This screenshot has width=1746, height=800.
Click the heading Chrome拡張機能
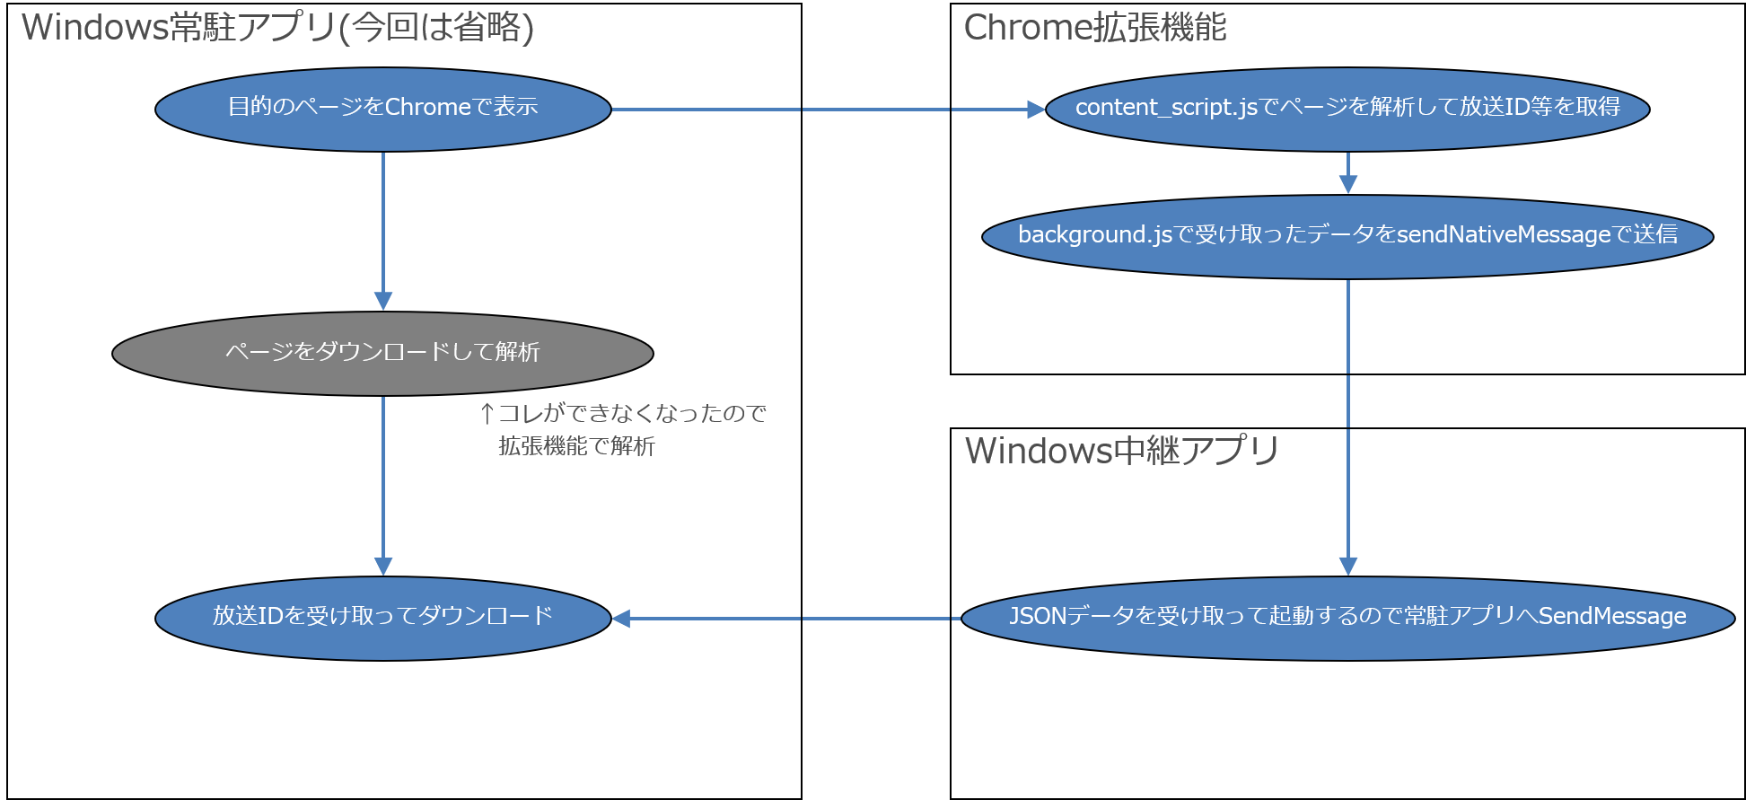[x=1094, y=28]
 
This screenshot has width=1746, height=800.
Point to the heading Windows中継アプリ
[x=1121, y=451]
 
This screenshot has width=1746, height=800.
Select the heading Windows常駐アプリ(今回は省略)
[x=277, y=28]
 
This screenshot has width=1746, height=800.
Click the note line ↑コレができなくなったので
[x=623, y=413]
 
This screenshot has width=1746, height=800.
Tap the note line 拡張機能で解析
[x=576, y=446]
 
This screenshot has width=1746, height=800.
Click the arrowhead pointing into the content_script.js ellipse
[x=1036, y=110]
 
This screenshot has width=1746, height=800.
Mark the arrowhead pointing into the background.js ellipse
[x=1347, y=184]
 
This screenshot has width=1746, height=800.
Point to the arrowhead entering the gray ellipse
[x=383, y=301]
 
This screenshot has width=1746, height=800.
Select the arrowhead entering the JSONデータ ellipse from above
[x=1347, y=566]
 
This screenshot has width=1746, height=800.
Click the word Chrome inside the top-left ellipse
[x=427, y=107]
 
